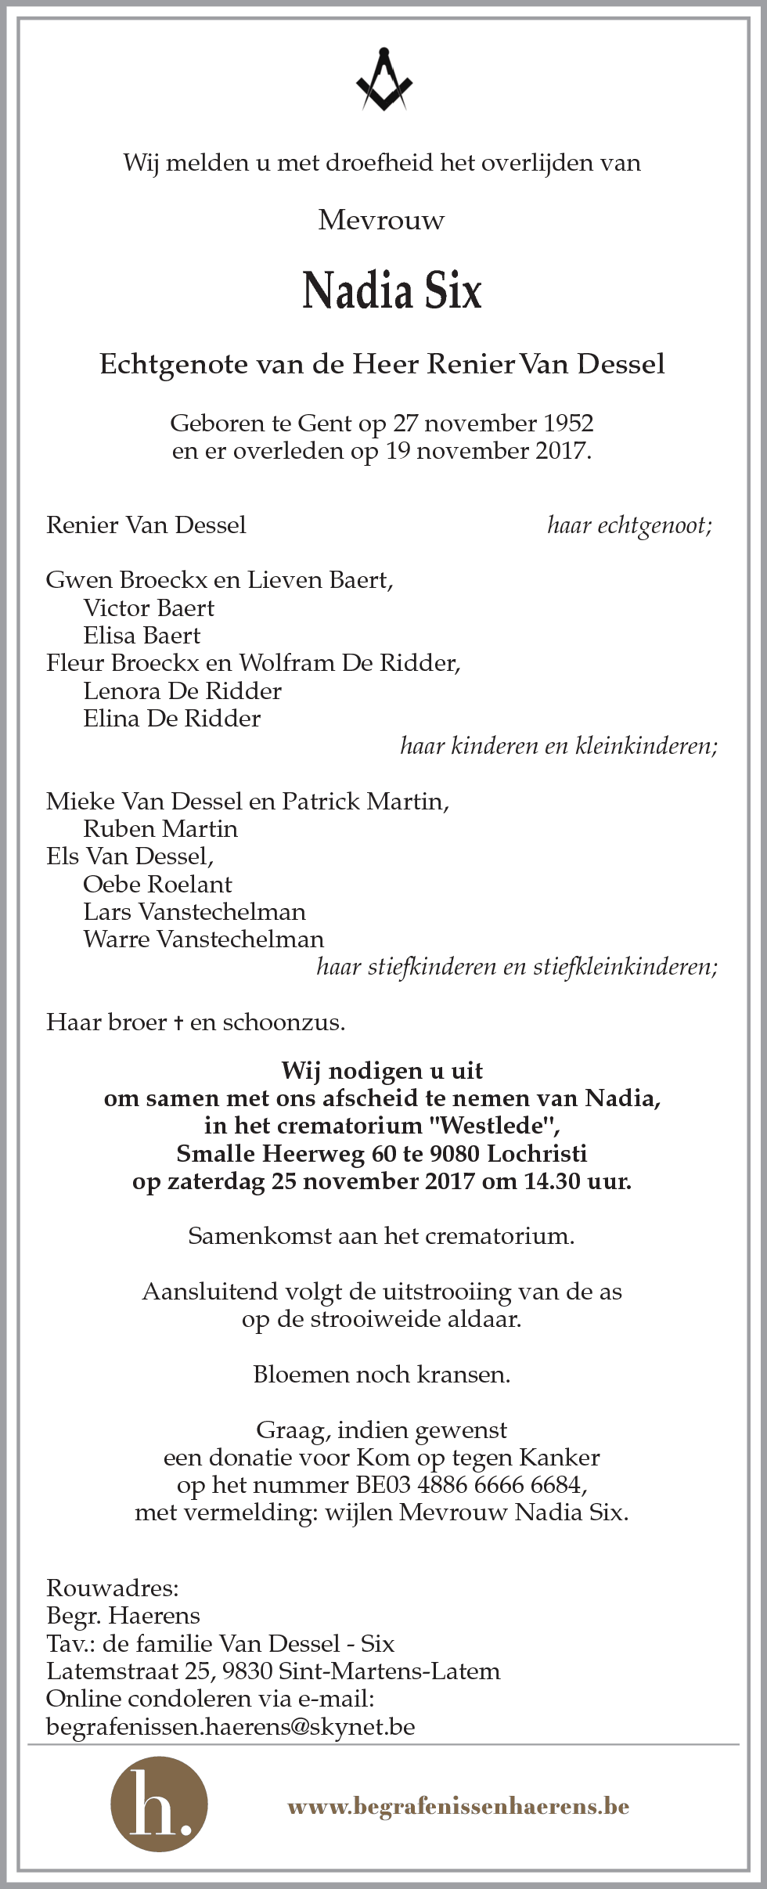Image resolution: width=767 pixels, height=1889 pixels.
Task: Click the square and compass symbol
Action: point(383,81)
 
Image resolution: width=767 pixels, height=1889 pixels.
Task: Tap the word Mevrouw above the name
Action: point(381,221)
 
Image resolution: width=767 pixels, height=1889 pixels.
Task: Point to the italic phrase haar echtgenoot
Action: point(629,525)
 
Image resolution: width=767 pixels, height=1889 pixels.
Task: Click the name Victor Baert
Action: point(149,608)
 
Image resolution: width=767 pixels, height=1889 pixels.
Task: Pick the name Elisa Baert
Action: point(142,636)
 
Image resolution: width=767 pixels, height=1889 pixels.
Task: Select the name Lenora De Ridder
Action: point(182,691)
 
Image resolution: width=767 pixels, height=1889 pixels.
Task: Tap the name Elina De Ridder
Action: point(171,719)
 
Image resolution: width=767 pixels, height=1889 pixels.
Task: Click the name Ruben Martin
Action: point(160,829)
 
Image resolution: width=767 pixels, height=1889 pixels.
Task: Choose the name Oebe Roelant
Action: point(157,885)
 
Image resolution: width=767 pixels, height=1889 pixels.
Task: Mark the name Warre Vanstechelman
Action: point(203,939)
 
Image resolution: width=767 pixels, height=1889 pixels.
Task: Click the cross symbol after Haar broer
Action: point(179,1023)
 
